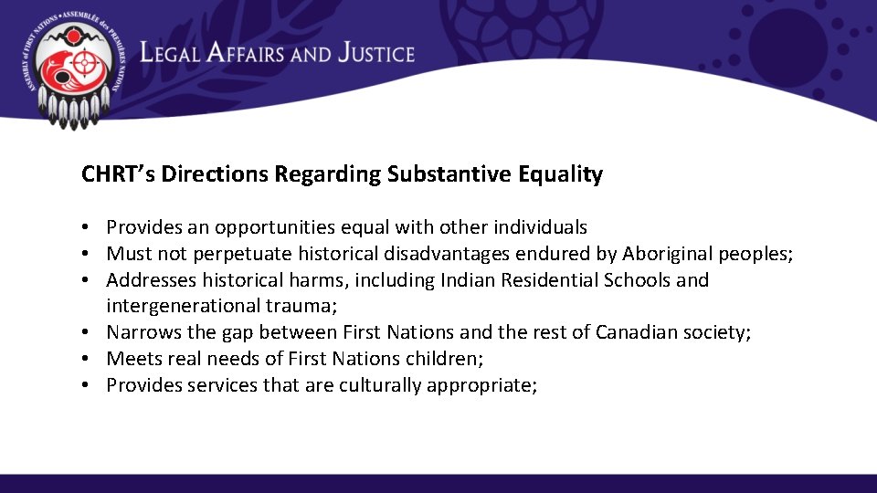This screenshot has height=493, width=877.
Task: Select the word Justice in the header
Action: (375, 53)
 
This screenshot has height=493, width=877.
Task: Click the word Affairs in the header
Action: (246, 53)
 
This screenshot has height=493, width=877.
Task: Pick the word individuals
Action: (538, 227)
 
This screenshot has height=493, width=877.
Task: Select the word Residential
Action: (546, 279)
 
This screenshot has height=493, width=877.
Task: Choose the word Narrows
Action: (143, 332)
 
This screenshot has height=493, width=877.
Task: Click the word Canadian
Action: (644, 332)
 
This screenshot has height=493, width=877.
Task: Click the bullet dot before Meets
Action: (83, 359)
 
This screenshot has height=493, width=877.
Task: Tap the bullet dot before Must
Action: (83, 254)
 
